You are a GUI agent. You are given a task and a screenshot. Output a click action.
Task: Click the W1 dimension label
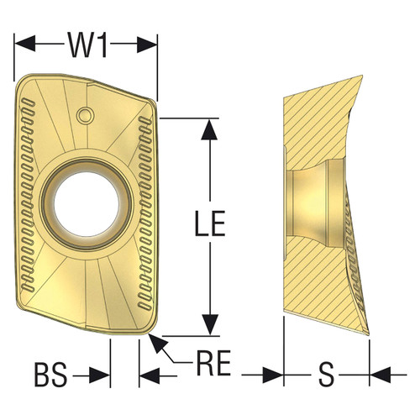click(87, 45)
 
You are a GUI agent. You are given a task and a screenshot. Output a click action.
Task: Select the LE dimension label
click(207, 225)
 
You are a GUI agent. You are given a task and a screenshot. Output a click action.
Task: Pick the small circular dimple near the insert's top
click(84, 113)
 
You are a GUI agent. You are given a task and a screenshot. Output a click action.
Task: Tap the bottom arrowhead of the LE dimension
click(206, 328)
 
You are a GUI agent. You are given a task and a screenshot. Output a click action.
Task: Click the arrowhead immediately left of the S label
click(276, 373)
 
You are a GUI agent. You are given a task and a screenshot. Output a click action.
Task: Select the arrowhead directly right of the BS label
click(105, 373)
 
